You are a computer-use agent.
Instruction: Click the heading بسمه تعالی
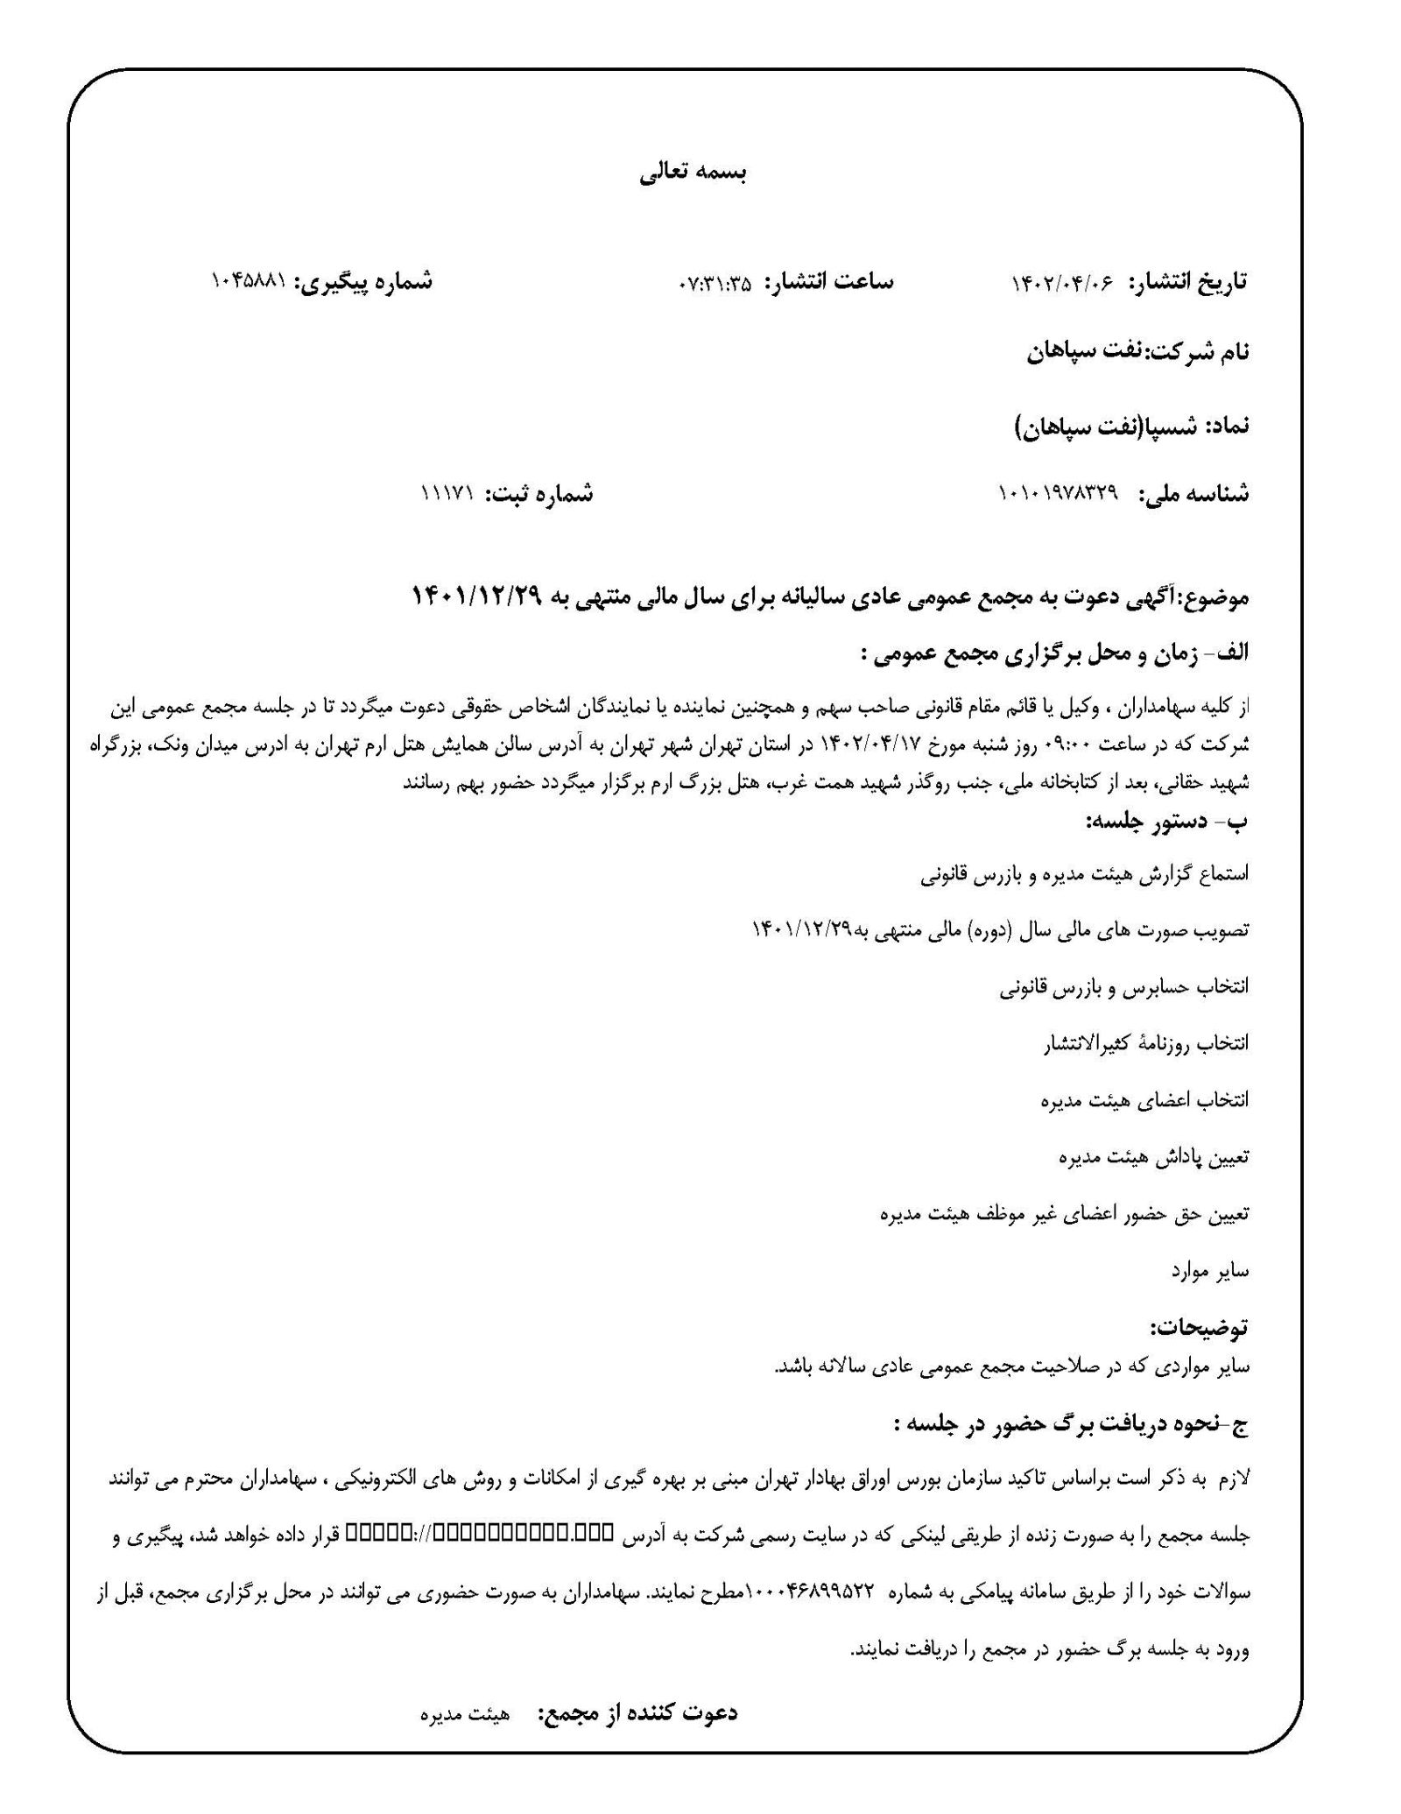pyautogui.click(x=692, y=173)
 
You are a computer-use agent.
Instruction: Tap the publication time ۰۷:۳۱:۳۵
pyautogui.click(x=715, y=284)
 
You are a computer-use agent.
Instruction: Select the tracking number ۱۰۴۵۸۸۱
pyautogui.click(x=250, y=282)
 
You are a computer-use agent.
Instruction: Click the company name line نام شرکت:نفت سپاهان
pyautogui.click(x=1137, y=352)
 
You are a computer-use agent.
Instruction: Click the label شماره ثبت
pyautogui.click(x=540, y=494)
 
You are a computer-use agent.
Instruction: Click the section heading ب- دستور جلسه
pyautogui.click(x=1166, y=821)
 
